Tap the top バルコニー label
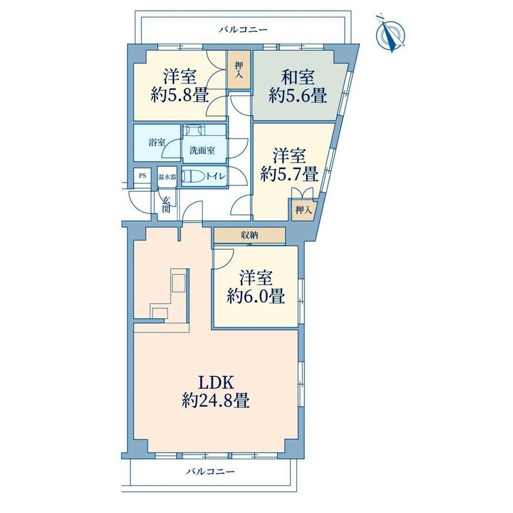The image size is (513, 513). tap(244, 30)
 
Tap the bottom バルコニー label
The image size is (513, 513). tap(211, 471)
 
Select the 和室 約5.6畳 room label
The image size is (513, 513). tap(298, 86)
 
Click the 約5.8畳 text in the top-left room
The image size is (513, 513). tap(180, 95)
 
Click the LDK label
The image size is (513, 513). tap(216, 382)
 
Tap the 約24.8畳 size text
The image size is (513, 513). tap(216, 400)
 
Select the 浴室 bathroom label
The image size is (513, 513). tap(157, 142)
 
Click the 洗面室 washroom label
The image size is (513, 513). tap(202, 151)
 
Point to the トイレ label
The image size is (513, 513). tap(216, 176)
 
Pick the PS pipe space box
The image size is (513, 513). tap(142, 176)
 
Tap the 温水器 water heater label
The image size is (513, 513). tap(167, 177)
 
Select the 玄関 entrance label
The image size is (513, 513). tap(167, 205)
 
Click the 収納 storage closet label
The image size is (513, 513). tap(250, 235)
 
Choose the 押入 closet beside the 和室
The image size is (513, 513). tap(239, 70)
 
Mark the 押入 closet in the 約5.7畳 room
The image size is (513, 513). tap(303, 210)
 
